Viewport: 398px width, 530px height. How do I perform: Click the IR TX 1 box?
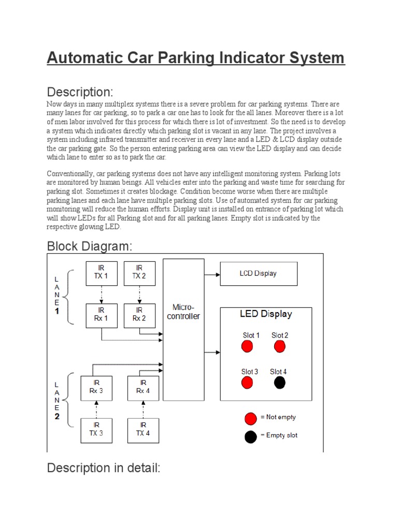tap(101, 273)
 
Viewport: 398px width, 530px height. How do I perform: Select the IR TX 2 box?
tap(139, 273)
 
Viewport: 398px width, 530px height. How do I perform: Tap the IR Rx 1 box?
tap(101, 315)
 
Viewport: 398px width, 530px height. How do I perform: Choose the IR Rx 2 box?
tap(139, 315)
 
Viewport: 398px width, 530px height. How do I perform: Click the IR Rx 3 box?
tap(96, 387)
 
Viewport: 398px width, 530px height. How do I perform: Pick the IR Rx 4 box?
tap(143, 387)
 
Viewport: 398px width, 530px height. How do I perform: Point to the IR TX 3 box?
tap(96, 430)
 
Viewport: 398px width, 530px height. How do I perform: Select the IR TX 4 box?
tap(143, 430)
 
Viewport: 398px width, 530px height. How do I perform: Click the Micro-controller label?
tap(183, 312)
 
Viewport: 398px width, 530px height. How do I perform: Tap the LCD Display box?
tap(258, 273)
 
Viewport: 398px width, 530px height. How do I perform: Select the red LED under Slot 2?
tap(279, 347)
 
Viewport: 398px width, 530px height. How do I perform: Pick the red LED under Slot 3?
tap(247, 383)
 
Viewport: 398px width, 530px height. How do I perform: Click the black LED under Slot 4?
tap(279, 383)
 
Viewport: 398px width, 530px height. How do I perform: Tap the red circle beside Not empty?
tap(251, 418)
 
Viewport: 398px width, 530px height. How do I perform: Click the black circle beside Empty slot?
tap(251, 436)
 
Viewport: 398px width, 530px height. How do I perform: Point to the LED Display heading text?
tap(265, 314)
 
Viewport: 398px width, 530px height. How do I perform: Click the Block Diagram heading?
tap(90, 246)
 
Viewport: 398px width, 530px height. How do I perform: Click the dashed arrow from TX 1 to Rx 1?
tap(101, 295)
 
